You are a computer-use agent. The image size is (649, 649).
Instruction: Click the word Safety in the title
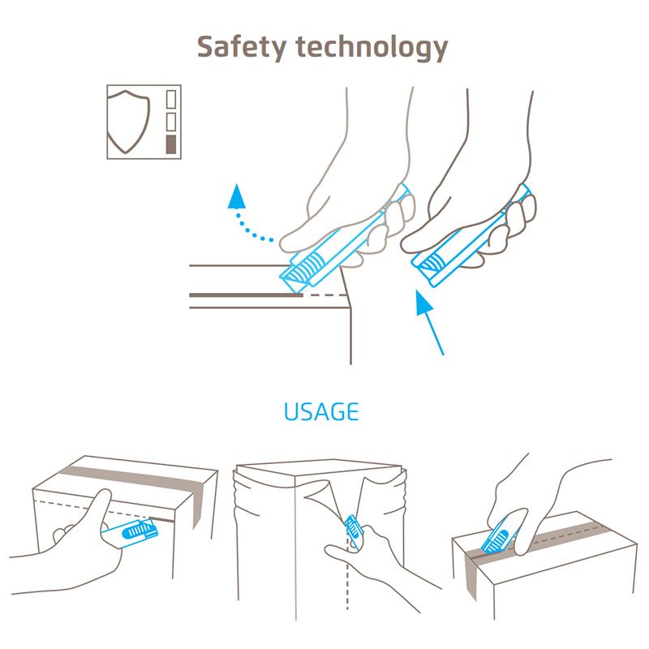click(239, 47)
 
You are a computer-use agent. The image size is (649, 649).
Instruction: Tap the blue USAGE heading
click(321, 411)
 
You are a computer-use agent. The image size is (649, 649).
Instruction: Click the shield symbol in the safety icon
click(129, 122)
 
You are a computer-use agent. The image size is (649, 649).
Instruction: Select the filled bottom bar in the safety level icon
click(171, 145)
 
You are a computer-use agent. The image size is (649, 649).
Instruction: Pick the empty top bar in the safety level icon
click(171, 100)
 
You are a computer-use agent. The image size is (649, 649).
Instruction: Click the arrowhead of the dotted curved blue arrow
click(236, 195)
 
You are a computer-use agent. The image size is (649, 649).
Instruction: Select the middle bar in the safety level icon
click(171, 122)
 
